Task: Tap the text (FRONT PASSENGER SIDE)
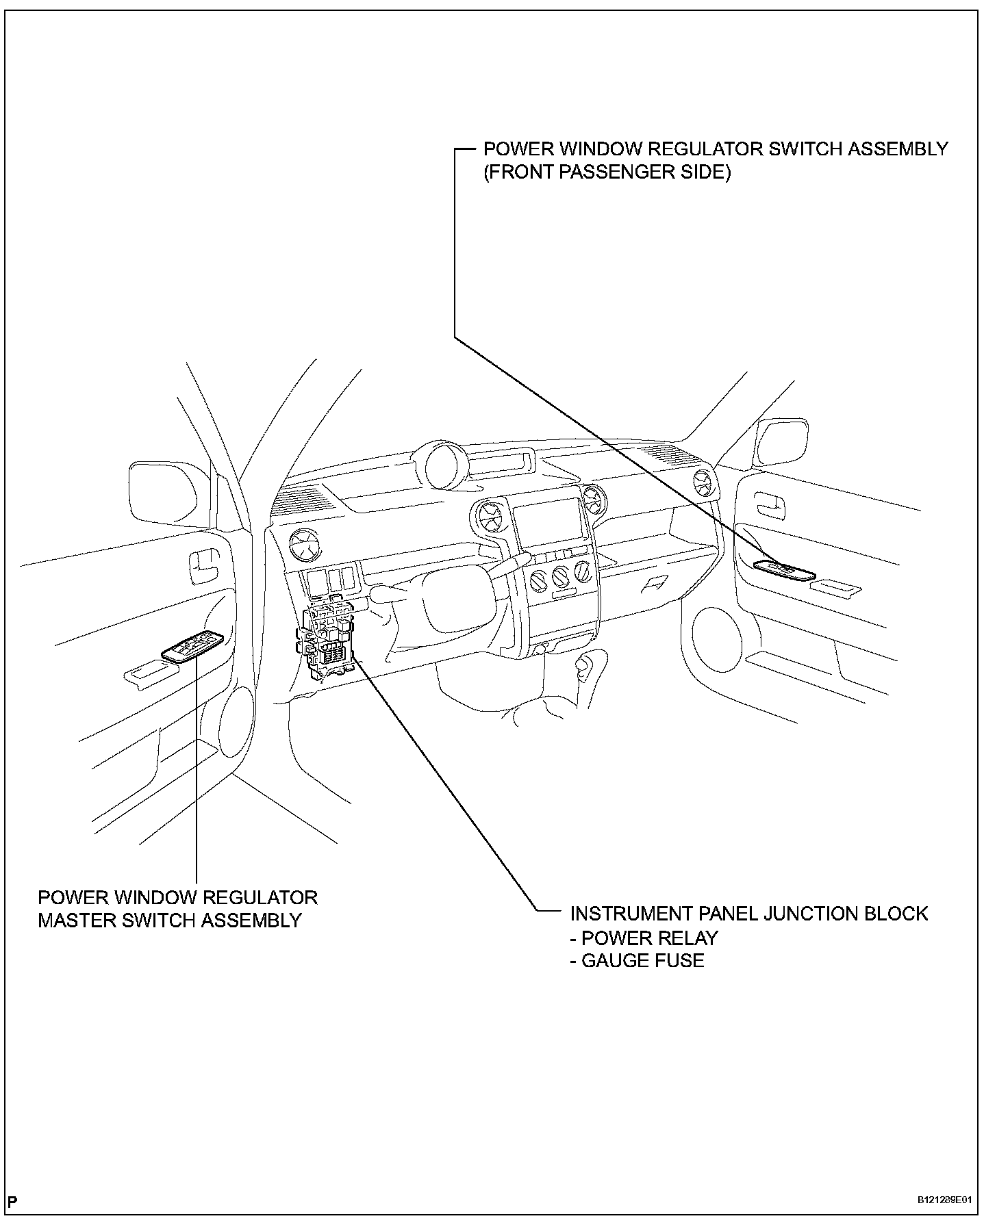coord(607,172)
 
